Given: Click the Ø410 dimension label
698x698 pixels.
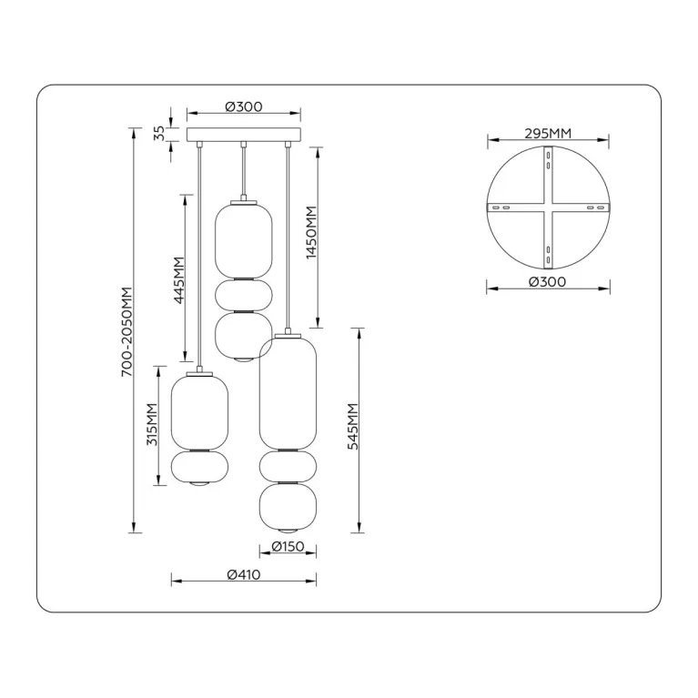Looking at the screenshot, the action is (x=244, y=575).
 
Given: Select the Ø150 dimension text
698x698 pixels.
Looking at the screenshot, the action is (x=288, y=546).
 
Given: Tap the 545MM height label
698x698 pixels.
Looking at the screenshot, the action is (x=353, y=427).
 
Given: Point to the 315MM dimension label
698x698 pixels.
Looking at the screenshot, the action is (x=153, y=424).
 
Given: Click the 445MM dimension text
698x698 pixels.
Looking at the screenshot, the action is (x=179, y=280).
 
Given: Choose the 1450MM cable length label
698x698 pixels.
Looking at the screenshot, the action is (x=311, y=232).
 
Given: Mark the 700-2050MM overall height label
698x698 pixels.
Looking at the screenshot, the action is (x=126, y=331).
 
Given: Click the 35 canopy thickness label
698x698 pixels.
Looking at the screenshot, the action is (x=159, y=134).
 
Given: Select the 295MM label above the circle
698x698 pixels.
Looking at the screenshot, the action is (x=548, y=133).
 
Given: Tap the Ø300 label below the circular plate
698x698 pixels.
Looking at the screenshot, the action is (x=548, y=282).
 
